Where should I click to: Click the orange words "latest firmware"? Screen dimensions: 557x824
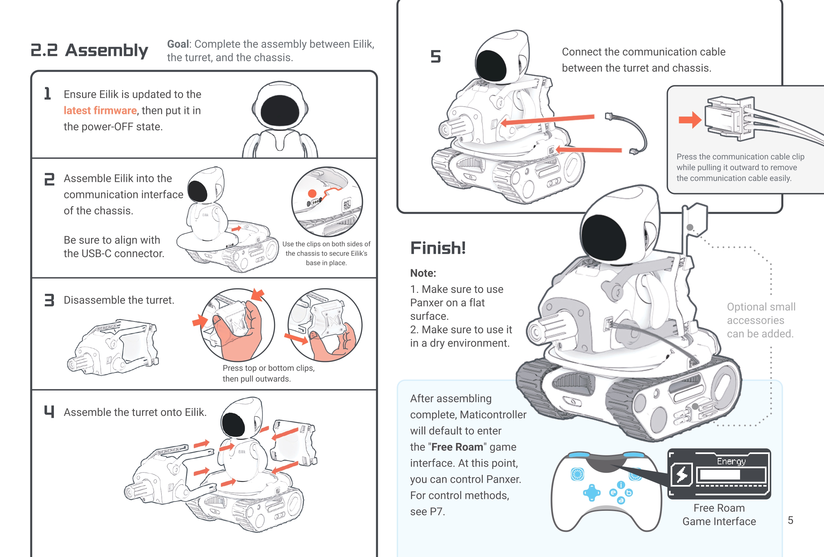pyautogui.click(x=100, y=111)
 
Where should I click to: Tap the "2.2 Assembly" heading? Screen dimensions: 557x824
pyautogui.click(x=89, y=50)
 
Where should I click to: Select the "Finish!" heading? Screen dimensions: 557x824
pyautogui.click(x=438, y=248)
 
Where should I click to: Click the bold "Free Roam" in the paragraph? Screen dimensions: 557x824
pyautogui.click(x=457, y=447)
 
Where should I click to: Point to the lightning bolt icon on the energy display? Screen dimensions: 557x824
pyautogui.click(x=682, y=475)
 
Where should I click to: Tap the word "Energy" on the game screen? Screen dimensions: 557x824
pyautogui.click(x=731, y=461)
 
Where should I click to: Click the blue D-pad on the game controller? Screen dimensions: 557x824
pyautogui.click(x=592, y=492)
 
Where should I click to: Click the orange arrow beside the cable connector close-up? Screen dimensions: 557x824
pyautogui.click(x=690, y=120)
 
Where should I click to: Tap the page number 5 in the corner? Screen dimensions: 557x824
pyautogui.click(x=790, y=520)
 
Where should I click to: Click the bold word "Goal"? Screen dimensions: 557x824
pyautogui.click(x=178, y=44)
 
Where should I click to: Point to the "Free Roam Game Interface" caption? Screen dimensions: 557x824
pyautogui.click(x=719, y=514)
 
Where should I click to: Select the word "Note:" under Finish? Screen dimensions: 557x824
pyautogui.click(x=423, y=273)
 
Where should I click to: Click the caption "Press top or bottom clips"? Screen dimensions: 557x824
pyautogui.click(x=268, y=368)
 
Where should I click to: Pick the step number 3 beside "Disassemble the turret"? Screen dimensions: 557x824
pyautogui.click(x=49, y=300)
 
